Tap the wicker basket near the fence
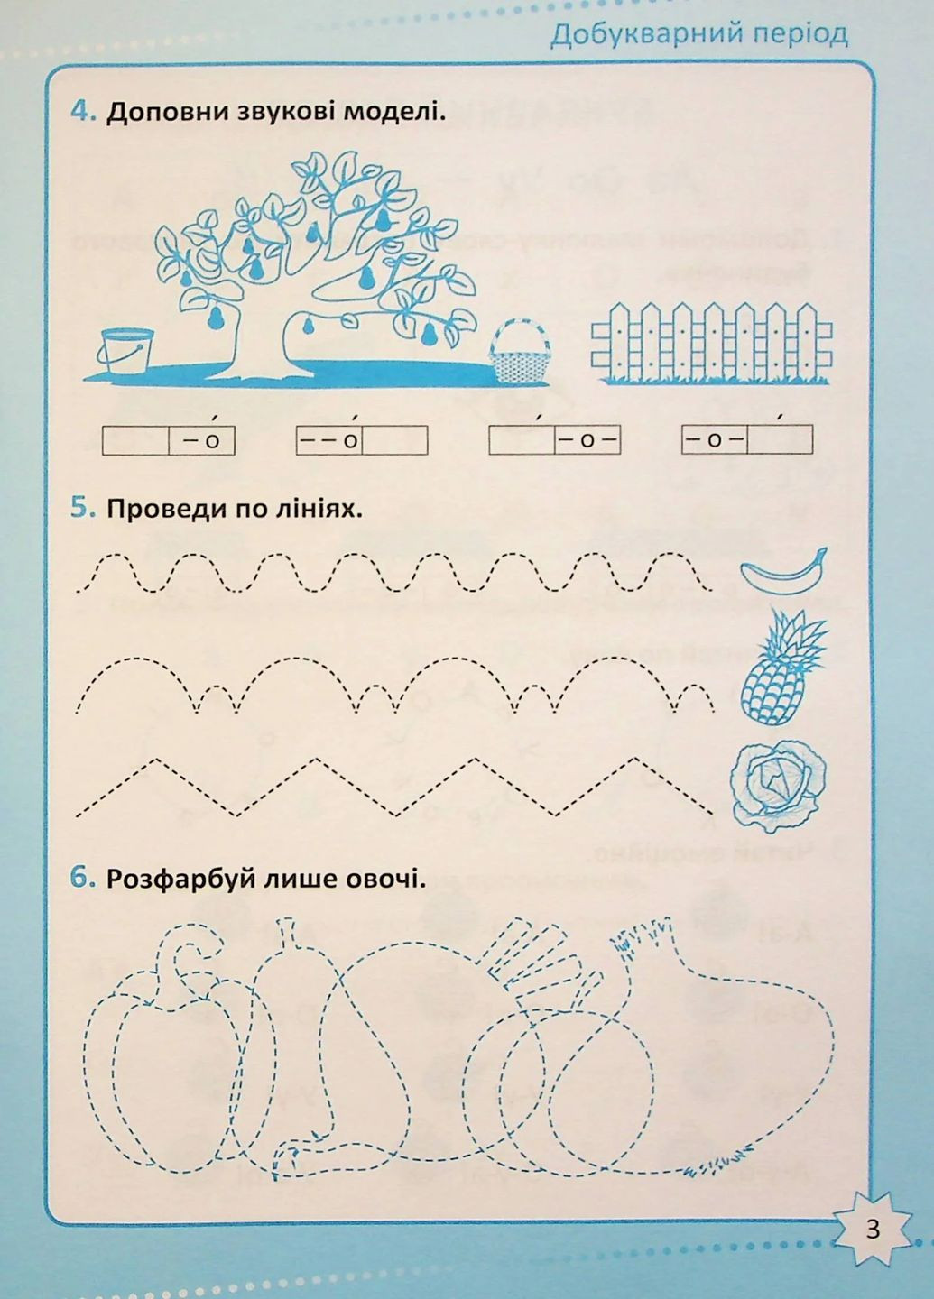click(520, 361)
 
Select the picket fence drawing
click(711, 343)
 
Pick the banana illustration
click(783, 571)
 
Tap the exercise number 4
click(82, 113)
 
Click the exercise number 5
click(82, 508)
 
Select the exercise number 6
click(82, 878)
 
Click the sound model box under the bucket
click(168, 440)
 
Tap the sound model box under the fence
click(746, 440)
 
